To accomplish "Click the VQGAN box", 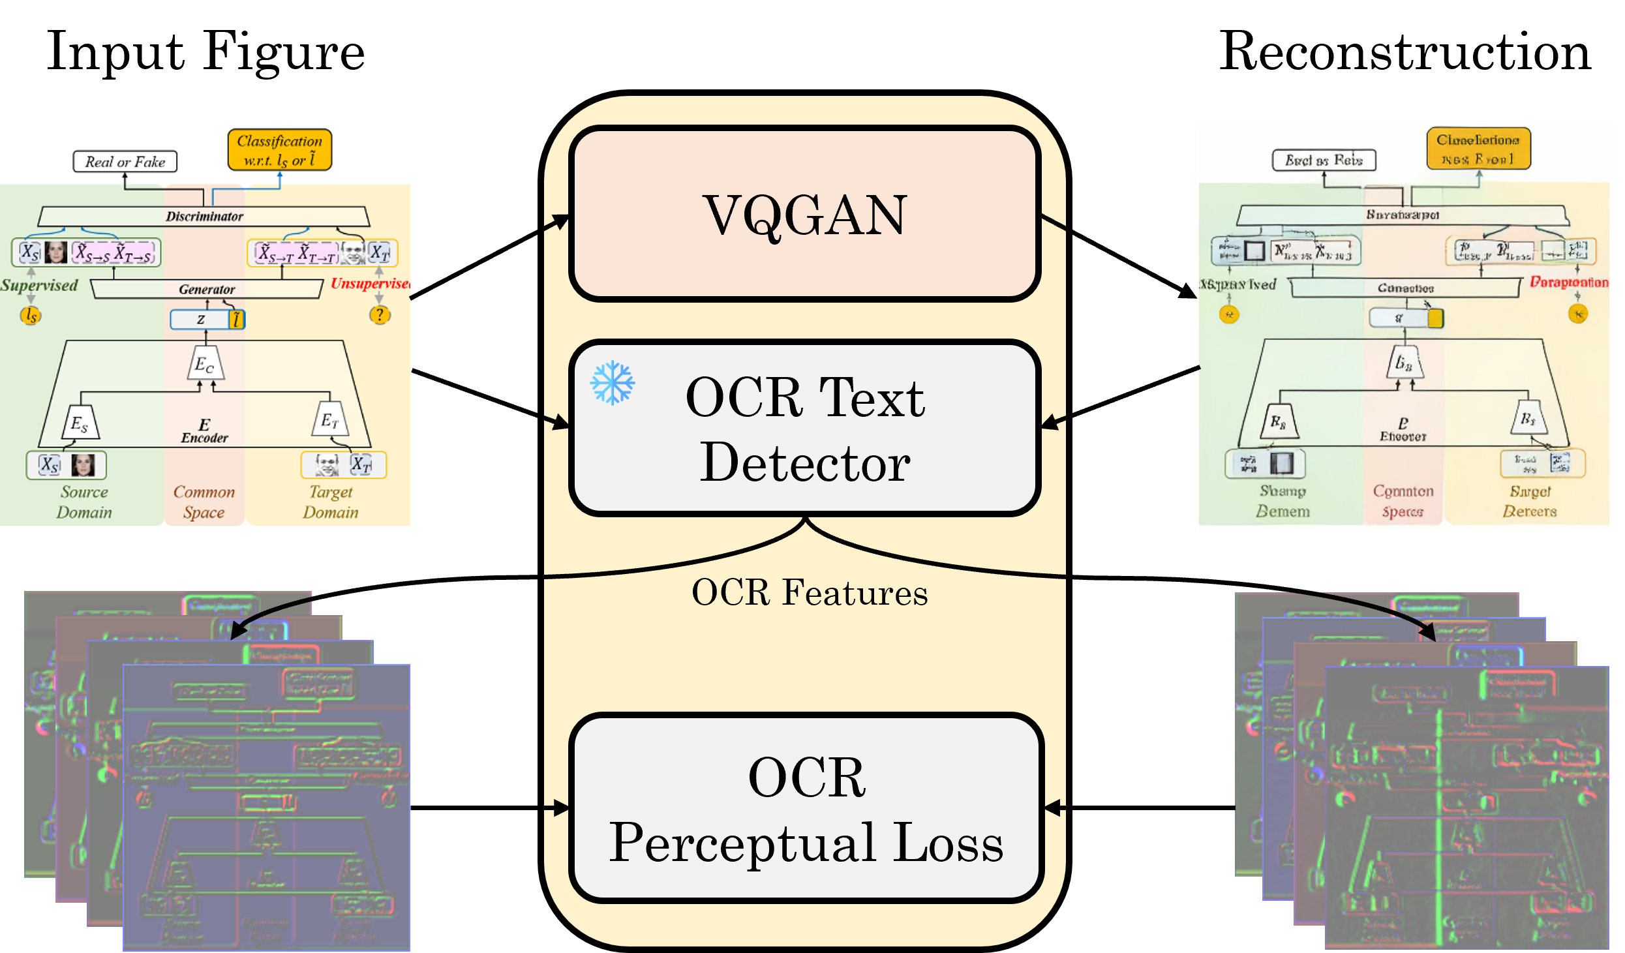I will point(804,214).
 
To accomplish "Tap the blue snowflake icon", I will point(612,383).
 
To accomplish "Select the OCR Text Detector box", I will point(804,429).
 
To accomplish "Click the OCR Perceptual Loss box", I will point(806,809).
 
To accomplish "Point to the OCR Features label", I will point(809,592).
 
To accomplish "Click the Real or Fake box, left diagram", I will point(125,162).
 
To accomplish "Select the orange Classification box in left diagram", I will point(279,150).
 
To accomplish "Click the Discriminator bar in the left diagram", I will point(204,216).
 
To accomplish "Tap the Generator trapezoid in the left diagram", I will point(206,289).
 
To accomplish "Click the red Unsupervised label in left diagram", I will point(369,283).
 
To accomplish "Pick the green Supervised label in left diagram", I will point(39,285).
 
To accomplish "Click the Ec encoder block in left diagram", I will point(206,364).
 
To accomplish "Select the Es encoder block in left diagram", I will point(81,423).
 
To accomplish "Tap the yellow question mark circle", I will point(380,315).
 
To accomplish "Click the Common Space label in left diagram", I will point(204,502).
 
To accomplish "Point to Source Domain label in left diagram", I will point(84,502).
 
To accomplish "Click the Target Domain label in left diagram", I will point(330,502).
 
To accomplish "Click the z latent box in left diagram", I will point(201,320).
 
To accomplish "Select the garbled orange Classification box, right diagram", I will point(1478,149).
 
